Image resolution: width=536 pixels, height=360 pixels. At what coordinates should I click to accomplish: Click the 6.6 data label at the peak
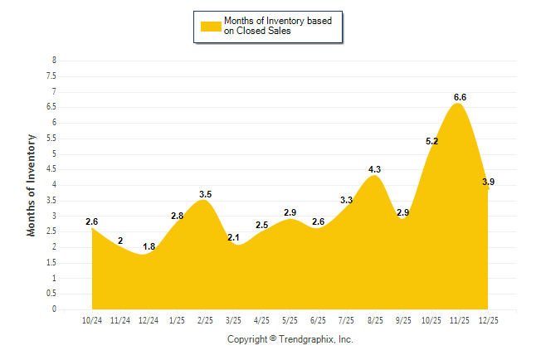coord(460,97)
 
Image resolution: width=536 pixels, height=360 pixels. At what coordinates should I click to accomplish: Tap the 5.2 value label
coord(431,142)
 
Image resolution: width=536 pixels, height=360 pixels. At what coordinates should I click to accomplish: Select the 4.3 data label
coord(374,169)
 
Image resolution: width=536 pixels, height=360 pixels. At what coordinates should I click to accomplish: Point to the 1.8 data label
coord(149,246)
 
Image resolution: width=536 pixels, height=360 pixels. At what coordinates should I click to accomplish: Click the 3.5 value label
coord(206,194)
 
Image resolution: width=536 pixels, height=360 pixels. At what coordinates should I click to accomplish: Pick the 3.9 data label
coord(489,182)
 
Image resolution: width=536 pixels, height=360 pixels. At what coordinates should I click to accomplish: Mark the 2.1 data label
coord(234,238)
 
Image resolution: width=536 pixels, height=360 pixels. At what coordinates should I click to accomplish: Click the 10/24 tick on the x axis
coord(92,319)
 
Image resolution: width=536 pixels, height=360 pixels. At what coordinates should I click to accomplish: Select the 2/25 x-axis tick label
coord(205,319)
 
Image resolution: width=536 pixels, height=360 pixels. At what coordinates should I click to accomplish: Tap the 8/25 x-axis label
coord(374,319)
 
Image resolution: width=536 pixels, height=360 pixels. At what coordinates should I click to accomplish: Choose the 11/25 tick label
coord(459,319)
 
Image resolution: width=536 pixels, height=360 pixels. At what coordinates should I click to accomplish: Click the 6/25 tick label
coord(318,319)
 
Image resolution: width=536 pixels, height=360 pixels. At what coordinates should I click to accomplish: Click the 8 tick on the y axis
coord(54,61)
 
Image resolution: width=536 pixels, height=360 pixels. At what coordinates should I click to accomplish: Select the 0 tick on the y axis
coord(54,309)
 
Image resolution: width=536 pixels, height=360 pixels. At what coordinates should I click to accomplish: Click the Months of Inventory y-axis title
coord(32,185)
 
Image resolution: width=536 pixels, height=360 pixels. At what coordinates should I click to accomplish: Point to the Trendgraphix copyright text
coord(290,339)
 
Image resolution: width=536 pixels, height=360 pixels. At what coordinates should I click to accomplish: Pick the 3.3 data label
coord(346,200)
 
